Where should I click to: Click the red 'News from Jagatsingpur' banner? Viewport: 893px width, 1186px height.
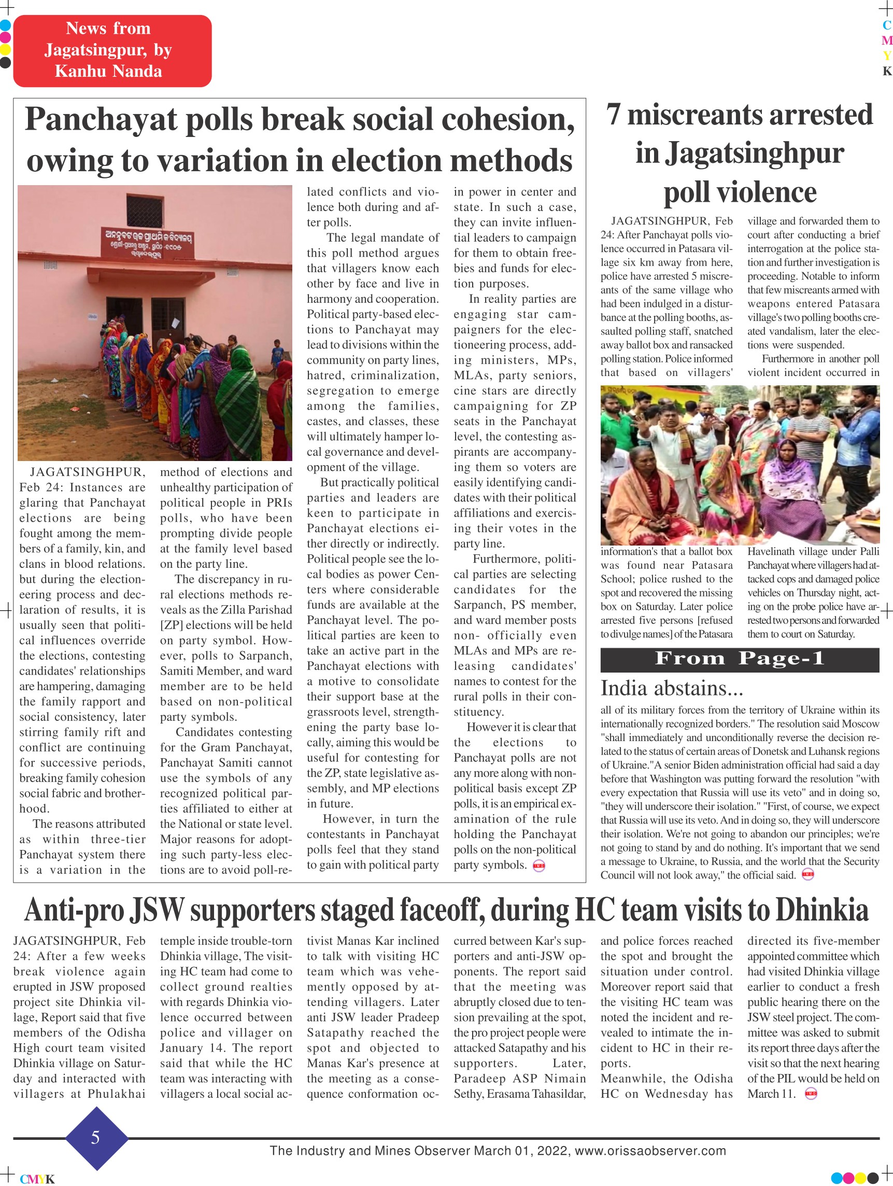[112, 50]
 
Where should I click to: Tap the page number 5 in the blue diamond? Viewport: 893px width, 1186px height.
[95, 1137]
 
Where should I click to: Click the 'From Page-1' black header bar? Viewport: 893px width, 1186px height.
[739, 659]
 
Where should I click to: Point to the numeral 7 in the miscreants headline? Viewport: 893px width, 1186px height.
[613, 115]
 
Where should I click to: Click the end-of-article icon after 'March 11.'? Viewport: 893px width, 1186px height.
[811, 1094]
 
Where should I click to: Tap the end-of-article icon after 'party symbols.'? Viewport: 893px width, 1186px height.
[538, 866]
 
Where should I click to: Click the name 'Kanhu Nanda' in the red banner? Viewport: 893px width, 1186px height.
[108, 72]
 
